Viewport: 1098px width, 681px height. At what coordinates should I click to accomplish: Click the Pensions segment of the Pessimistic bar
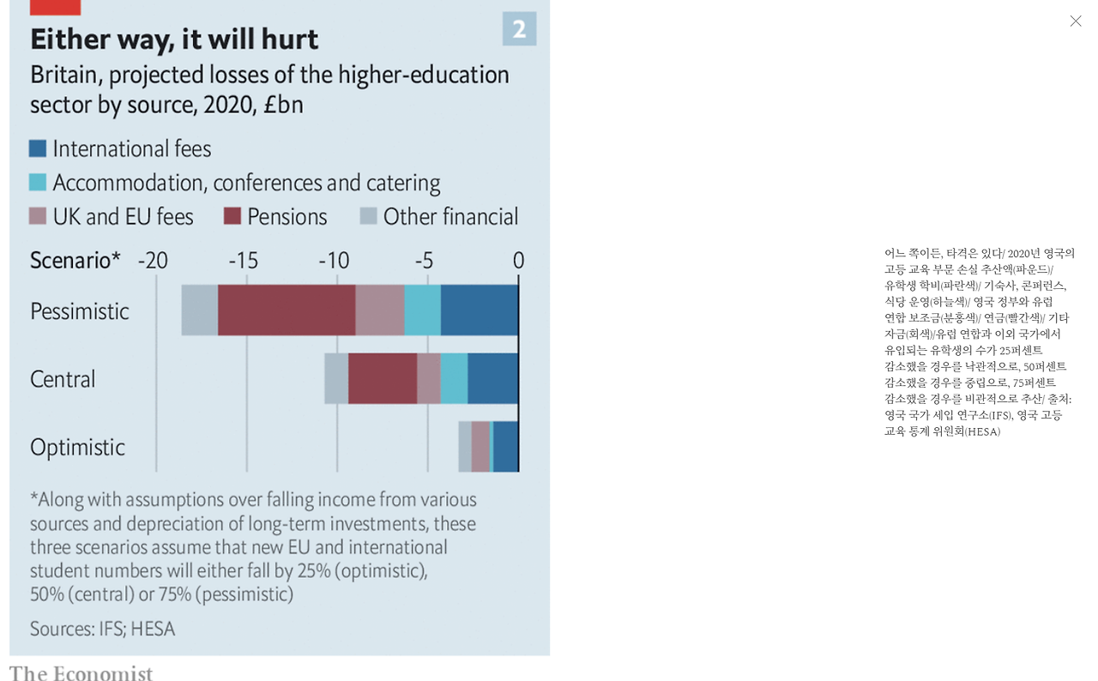coord(287,310)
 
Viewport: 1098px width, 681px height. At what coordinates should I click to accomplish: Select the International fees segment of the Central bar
coord(492,378)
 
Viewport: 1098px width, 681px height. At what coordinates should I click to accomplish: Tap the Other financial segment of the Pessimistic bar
coord(199,310)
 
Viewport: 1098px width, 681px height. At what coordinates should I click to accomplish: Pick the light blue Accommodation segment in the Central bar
coord(454,378)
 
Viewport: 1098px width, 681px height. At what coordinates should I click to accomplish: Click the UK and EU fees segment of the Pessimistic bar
coord(379,310)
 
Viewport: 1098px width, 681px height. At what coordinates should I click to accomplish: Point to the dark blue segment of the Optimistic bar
coord(505,446)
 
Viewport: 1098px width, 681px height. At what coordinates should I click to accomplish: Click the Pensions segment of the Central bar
coord(383,378)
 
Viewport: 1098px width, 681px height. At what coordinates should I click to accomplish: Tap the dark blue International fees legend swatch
coord(38,148)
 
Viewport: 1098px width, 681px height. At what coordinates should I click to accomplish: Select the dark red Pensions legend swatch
coord(232,216)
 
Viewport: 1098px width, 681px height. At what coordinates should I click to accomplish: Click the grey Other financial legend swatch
coord(368,216)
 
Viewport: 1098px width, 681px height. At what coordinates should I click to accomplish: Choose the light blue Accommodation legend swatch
coord(38,183)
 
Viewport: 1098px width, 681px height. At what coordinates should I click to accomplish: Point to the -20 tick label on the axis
coord(153,261)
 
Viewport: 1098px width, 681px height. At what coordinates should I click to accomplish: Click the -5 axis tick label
coord(424,261)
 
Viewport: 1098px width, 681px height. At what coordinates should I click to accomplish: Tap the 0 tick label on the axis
coord(518,261)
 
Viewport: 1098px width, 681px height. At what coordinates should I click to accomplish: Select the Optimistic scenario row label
coord(77,447)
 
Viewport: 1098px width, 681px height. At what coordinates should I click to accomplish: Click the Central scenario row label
coord(63,379)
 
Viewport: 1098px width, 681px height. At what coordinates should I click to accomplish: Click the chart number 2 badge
coord(519,29)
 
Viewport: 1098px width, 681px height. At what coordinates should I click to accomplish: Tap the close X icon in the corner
coord(1076,21)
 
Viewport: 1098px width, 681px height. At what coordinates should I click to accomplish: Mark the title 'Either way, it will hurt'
coord(174,39)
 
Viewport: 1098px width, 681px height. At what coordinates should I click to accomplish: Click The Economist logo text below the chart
coord(81,673)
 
